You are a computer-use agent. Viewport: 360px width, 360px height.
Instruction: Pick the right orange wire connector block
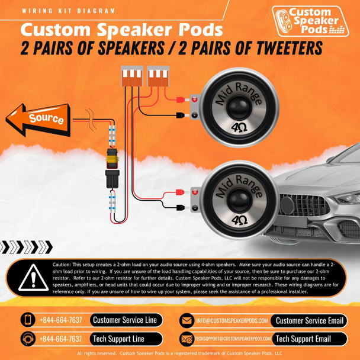156,76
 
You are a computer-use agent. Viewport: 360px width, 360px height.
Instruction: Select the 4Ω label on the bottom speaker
239,218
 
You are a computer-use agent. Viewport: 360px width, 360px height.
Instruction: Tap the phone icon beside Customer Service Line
28,320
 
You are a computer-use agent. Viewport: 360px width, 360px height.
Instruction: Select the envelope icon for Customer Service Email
187,320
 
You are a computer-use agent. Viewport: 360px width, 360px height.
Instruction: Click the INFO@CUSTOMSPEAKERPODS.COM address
233,320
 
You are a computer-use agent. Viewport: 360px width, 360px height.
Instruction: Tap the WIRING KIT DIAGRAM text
67,11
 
